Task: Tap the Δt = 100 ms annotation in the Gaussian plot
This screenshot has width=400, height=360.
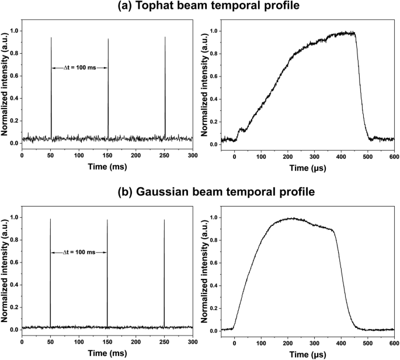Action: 79,252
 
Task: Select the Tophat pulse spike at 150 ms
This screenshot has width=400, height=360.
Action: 108,88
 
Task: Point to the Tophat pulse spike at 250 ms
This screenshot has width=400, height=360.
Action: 165,88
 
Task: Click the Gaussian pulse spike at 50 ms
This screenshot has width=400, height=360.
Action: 50,274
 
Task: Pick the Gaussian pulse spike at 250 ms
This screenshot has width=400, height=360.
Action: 164,274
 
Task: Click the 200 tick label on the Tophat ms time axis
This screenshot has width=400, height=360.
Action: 136,156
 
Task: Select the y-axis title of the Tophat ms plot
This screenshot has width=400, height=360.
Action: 5,88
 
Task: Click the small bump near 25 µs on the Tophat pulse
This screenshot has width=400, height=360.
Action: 241,130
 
